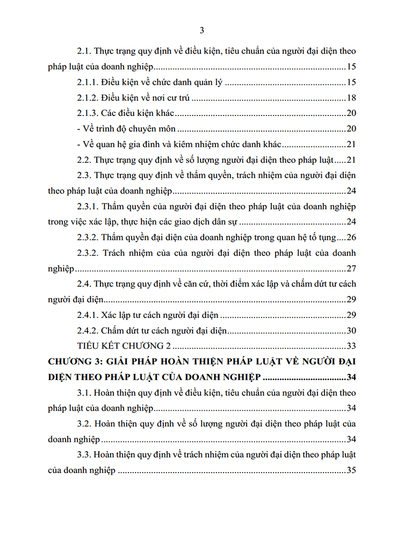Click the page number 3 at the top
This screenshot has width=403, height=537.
[x=201, y=30]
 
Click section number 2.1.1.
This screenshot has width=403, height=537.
[x=89, y=83]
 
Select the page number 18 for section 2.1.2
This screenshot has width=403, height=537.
[x=352, y=98]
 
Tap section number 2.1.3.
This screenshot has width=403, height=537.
[x=89, y=113]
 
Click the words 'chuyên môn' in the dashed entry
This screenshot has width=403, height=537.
[x=162, y=129]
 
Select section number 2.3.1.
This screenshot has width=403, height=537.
[x=89, y=206]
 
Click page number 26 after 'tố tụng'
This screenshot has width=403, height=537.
[x=352, y=237]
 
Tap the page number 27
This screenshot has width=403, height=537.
[x=352, y=268]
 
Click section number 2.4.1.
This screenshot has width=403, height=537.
[x=89, y=315]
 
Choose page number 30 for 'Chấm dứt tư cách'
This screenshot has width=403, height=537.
[x=352, y=331]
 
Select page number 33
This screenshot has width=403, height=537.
[x=352, y=346]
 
